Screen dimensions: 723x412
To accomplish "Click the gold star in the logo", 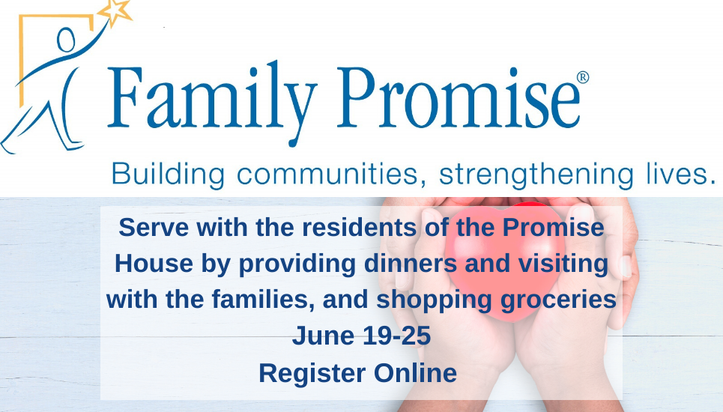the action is click(115, 12).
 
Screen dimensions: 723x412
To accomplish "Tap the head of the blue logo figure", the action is click(66, 40).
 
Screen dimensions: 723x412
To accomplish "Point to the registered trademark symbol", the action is click(583, 77).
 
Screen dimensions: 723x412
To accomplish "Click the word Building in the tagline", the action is click(168, 175).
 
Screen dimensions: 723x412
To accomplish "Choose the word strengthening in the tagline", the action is click(536, 175).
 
